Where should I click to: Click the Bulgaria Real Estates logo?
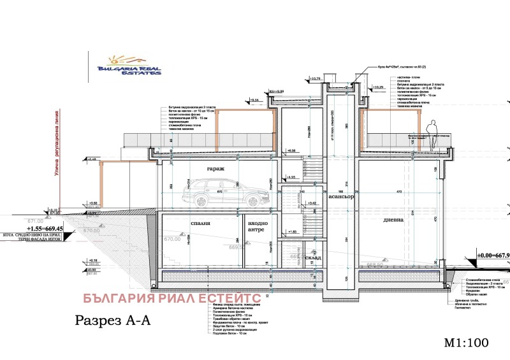(x=127, y=64)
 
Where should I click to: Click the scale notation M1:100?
(x=467, y=343)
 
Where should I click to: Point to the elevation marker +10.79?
(x=316, y=79)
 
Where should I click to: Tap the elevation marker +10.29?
(x=377, y=87)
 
